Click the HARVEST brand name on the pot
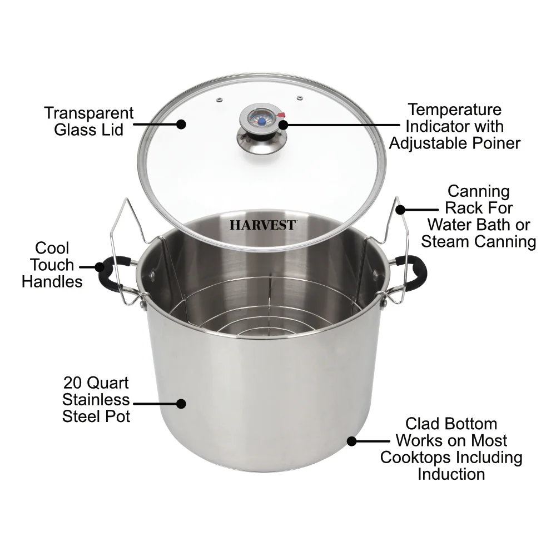tap(263, 226)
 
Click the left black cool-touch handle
tap(106, 275)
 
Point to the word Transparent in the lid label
tap(89, 113)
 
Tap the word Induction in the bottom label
tap(451, 474)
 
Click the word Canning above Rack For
tap(478, 191)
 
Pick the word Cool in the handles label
tap(52, 248)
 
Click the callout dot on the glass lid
tap(181, 125)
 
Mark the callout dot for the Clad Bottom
tap(351, 441)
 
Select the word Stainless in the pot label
tap(96, 400)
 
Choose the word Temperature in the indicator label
tap(454, 110)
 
